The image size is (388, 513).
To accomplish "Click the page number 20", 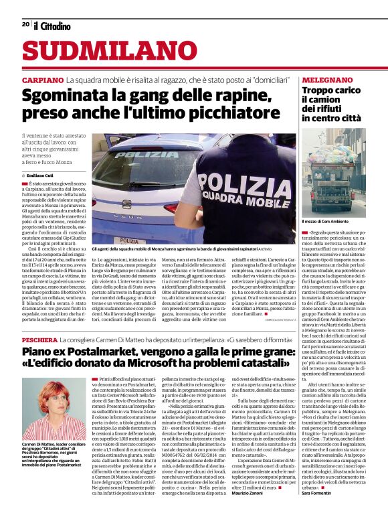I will tap(25, 24).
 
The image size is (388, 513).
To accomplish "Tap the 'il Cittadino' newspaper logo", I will tap(52, 25).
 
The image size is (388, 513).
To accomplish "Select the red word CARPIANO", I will tap(42, 80).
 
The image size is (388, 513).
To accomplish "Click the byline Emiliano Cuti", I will tap(41, 175).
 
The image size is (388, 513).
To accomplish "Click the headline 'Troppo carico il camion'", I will tap(326, 94).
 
